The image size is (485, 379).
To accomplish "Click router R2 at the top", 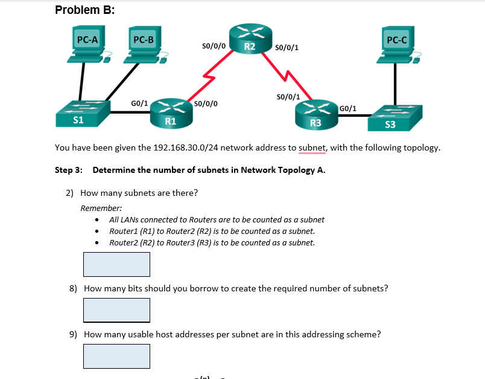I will coord(250,39).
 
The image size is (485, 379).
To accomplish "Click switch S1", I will coord(82,114).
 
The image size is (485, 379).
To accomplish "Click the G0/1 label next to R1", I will coord(139,103).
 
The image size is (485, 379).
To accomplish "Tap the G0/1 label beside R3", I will coord(348,109).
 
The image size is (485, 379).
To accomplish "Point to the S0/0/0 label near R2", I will coord(214,45).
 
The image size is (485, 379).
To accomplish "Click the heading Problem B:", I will coord(85,10).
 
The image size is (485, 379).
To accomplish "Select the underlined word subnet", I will coord(312,147).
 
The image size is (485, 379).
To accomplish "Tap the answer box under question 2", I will coord(116,264).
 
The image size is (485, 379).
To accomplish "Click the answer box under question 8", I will coord(116,310).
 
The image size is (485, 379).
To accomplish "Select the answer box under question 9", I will coord(116,356).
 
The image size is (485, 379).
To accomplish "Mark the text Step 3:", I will coord(68,170).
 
